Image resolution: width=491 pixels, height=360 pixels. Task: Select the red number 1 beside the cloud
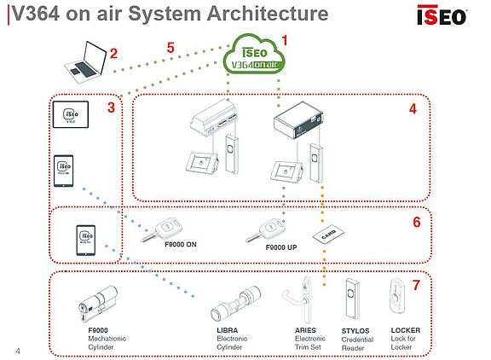coord(286,39)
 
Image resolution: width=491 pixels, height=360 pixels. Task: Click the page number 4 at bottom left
coord(19,350)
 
